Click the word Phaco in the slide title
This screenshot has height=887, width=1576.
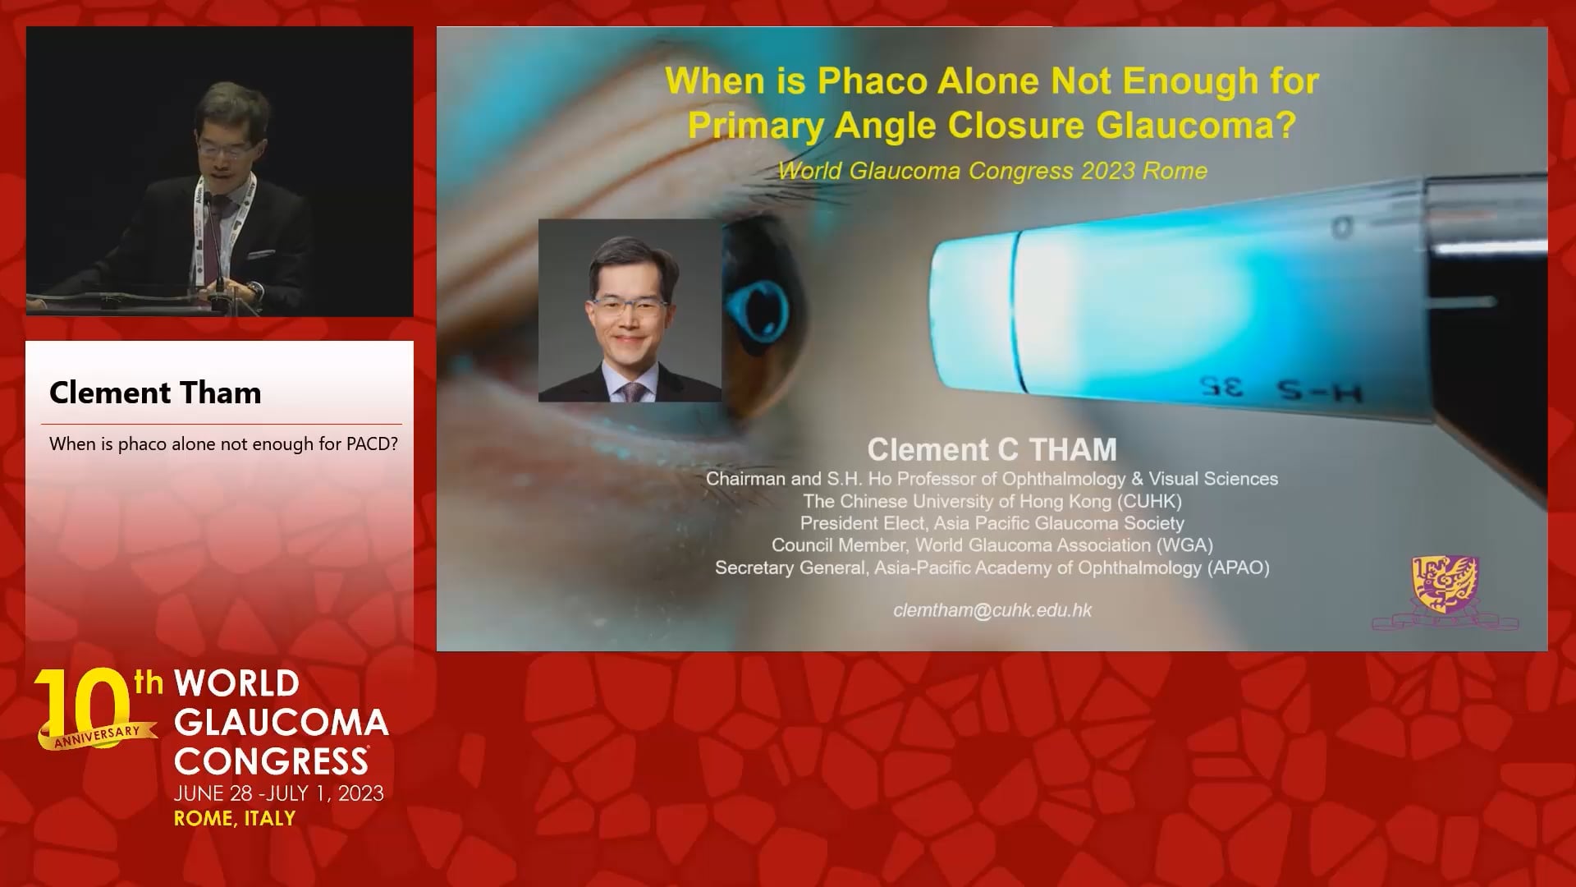872,81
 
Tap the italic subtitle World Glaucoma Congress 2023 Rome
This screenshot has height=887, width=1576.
992,171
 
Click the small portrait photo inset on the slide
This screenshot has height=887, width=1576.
630,310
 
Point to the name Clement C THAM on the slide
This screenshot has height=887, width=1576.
992,449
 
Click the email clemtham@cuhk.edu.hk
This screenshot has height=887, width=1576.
992,610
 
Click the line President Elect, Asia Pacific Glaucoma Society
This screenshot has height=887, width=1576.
992,523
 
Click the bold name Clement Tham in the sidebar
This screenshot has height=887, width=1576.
155,393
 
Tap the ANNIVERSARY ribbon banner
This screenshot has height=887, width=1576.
98,736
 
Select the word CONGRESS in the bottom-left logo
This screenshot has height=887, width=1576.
271,761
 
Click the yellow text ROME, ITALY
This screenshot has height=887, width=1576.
235,818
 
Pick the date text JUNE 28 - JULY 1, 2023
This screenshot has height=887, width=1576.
278,793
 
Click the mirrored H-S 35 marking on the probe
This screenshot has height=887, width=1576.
1280,389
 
